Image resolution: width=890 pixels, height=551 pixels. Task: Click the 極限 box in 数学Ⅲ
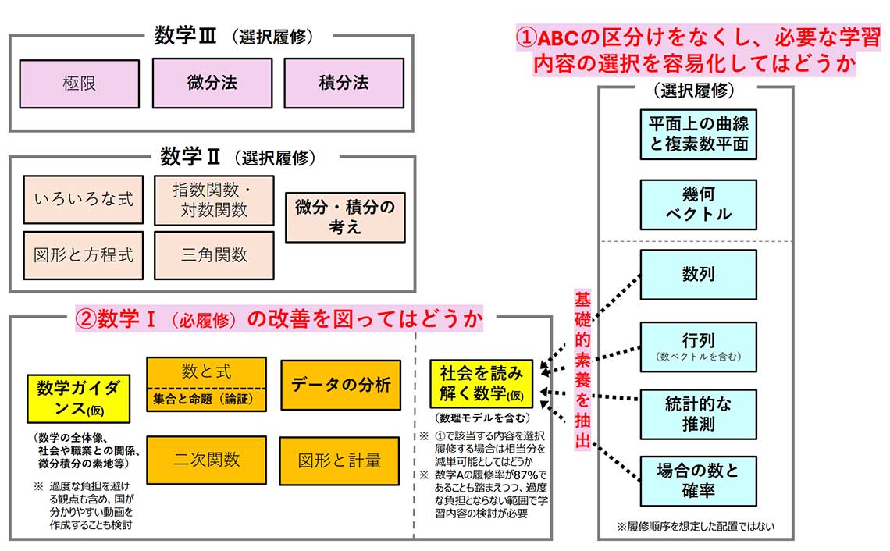tap(79, 84)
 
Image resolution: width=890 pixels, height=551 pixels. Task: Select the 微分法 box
tap(212, 84)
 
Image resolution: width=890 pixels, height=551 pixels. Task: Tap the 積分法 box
tap(344, 84)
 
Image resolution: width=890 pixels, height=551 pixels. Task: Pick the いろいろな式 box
tap(84, 200)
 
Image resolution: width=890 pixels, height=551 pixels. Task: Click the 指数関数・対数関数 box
tap(214, 200)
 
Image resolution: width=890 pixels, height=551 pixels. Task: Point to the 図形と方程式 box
tap(84, 255)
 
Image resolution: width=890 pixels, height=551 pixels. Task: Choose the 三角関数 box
tap(214, 255)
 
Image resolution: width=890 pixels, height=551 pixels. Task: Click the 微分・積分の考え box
tap(345, 217)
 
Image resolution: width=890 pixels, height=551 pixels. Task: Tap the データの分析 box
tap(340, 385)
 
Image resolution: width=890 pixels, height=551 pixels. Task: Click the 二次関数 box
tap(206, 460)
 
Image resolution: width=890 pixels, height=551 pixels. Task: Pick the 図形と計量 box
tap(340, 460)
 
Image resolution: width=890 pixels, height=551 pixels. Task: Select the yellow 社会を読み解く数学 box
tap(481, 382)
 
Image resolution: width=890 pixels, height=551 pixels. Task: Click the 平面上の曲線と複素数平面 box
tap(698, 133)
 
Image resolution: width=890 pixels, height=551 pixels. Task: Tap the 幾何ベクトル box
tap(698, 204)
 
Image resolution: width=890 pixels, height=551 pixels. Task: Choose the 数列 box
tap(698, 275)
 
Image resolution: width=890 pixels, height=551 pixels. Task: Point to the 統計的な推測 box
tap(698, 414)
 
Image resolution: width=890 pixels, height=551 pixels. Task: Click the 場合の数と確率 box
tap(698, 481)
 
